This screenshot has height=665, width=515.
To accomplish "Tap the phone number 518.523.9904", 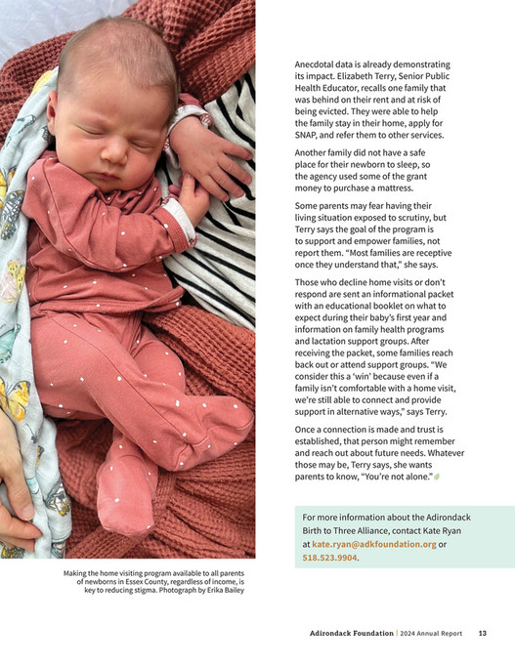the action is point(330,558).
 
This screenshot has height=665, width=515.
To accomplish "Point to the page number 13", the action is point(482,633).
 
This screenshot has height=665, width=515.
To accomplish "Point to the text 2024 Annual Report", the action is point(430,633).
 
